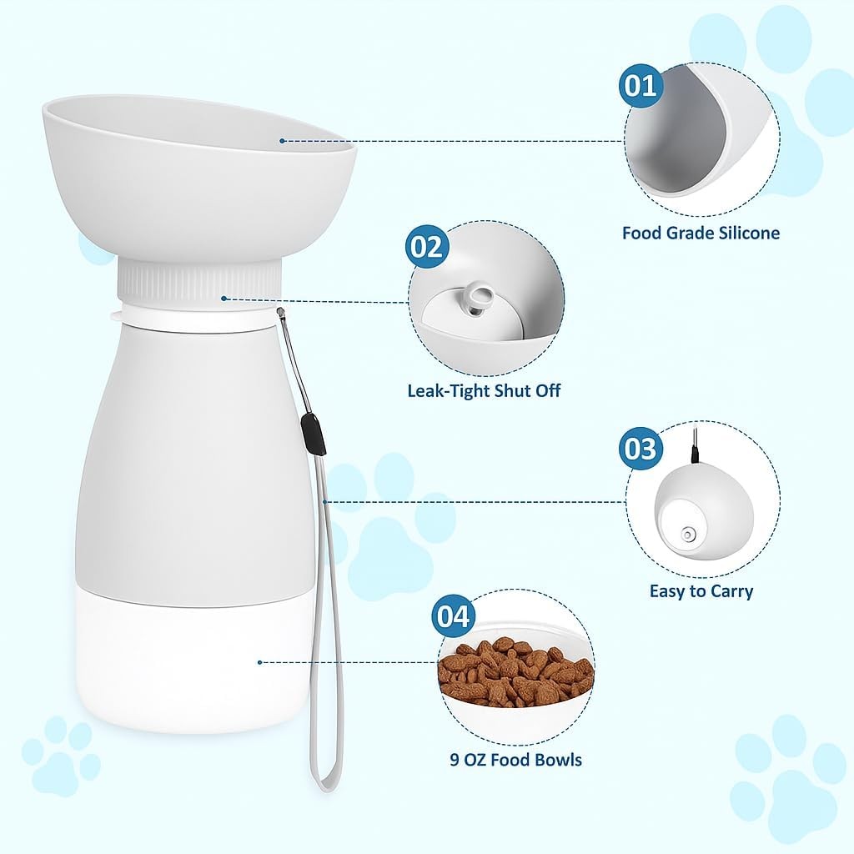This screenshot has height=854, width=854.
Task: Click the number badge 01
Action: pos(640,85)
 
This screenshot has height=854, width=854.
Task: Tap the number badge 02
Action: pos(427,246)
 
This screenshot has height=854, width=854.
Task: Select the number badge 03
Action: pos(640,449)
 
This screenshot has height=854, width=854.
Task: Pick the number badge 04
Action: pos(453,616)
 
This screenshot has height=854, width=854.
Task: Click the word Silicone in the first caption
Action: pos(749,234)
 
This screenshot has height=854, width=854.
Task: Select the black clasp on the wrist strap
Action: pos(313,434)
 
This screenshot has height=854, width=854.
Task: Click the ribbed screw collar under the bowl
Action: pos(199,281)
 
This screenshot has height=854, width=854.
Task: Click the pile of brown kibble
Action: pos(515,668)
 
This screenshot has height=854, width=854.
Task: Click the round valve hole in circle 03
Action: pos(688,535)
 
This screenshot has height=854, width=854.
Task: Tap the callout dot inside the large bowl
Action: pos(282,141)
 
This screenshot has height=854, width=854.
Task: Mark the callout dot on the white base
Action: pos(260,662)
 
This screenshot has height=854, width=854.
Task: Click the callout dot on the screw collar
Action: pos(224,299)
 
